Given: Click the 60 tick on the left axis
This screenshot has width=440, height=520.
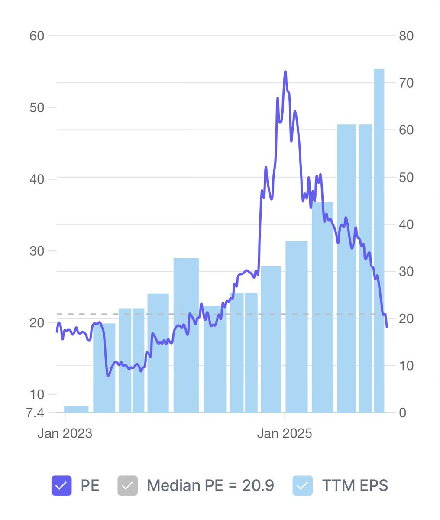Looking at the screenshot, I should point(37,36).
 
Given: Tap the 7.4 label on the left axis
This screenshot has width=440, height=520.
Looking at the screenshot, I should point(35,413).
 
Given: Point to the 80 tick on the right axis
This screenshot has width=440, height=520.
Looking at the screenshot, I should point(406,36).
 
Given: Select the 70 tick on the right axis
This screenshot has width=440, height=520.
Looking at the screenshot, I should point(406,83).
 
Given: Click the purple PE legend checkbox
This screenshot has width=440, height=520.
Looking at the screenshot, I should point(61,486).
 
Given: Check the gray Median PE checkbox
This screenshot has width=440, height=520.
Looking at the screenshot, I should point(127,486).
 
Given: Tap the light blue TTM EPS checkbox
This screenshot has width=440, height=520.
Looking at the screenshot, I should point(302,486).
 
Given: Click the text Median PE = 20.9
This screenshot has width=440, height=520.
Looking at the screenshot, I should point(210,486).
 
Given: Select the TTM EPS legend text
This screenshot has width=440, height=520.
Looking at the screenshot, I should point(355,486).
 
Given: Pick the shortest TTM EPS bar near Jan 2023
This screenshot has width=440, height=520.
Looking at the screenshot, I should point(76,409).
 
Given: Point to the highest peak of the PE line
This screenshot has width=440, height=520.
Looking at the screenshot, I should point(285,71).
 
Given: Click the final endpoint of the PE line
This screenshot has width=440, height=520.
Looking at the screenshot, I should point(387,327).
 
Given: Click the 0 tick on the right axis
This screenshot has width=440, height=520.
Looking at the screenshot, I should point(402,413).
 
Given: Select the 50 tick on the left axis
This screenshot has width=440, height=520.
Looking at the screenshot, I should point(37,108).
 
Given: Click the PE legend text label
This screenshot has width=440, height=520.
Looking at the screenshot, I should point(90,486).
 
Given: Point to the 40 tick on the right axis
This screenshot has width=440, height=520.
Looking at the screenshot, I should point(406,224).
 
